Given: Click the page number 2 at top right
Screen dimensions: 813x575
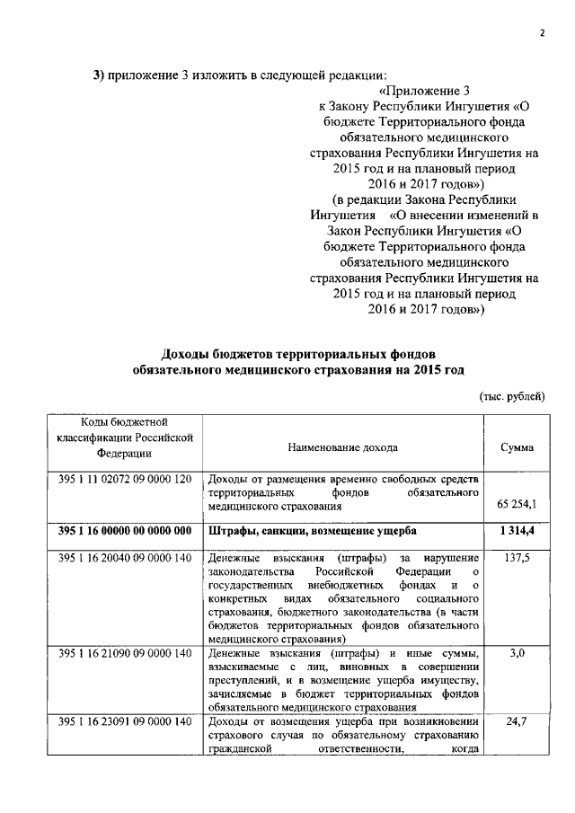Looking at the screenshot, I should (x=543, y=33).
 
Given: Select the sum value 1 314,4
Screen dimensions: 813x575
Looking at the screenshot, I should (x=517, y=532).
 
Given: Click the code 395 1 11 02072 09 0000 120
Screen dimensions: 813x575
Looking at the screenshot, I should (x=125, y=478).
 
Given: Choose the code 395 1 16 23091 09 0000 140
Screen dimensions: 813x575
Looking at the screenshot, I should (x=125, y=722).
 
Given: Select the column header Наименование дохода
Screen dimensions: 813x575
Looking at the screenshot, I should (x=342, y=446).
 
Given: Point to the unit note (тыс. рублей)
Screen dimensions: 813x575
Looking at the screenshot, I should (x=510, y=396).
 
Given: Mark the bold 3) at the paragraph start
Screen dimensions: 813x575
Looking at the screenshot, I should (x=101, y=74).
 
